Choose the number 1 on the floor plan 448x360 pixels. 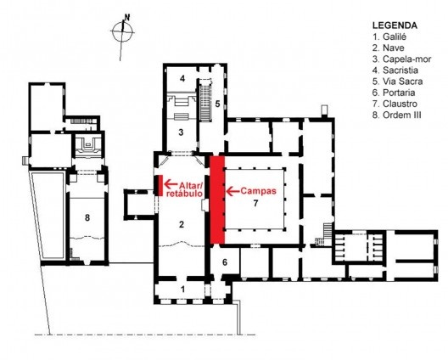(x=181, y=290)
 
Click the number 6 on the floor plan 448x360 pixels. (x=225, y=262)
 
